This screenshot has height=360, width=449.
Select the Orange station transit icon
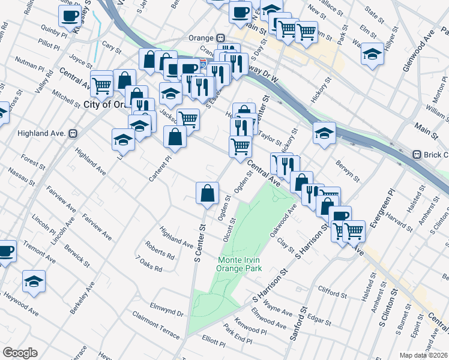coord(221,37)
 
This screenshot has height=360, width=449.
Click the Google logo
coord(20,353)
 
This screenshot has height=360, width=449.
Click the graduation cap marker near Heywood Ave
coord(34,281)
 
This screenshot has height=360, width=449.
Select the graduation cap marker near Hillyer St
coord(372,55)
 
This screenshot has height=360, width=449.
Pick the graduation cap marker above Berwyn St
coord(324,133)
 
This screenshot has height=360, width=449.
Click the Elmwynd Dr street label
coord(167,311)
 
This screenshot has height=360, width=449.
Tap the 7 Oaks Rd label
coord(149,265)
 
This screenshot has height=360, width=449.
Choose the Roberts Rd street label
coord(160,250)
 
